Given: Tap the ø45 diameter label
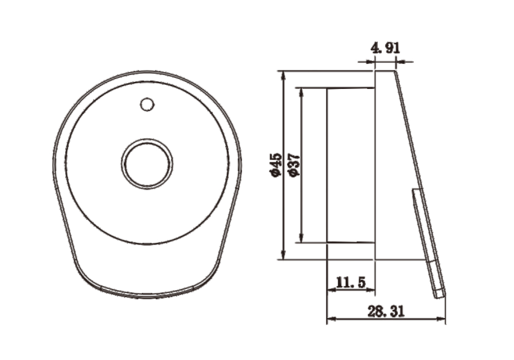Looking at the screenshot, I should [276, 165].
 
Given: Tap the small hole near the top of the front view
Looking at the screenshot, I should [147, 104].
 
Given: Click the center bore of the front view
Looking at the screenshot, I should [147, 165].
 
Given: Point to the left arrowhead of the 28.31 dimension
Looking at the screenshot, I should [331, 319].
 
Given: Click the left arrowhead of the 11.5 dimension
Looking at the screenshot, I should [331, 290].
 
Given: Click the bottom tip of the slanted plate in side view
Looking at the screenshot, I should [439, 296].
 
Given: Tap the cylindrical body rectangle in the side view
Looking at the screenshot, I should [351, 165].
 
